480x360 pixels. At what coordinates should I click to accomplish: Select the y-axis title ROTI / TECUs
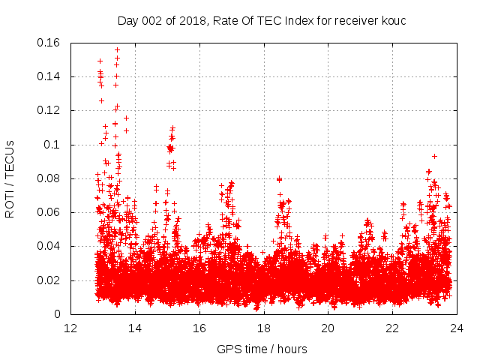[10, 178]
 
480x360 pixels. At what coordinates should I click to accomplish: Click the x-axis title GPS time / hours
[262, 349]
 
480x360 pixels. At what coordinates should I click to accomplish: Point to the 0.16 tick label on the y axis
[49, 43]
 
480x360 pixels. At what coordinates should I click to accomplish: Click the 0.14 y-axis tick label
[49, 76]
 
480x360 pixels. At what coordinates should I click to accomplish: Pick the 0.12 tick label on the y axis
[49, 110]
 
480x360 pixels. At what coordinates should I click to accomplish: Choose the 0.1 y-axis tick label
[52, 145]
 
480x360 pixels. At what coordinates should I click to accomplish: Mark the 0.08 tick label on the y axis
[49, 178]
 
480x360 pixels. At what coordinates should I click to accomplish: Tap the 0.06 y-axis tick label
[49, 212]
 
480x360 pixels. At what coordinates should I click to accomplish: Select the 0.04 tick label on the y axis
[49, 246]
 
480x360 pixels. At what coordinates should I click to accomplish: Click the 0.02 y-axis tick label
[49, 280]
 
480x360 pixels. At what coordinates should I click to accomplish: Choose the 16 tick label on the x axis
[199, 328]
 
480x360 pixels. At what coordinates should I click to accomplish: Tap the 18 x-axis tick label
[264, 328]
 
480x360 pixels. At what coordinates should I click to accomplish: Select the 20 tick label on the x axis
[328, 328]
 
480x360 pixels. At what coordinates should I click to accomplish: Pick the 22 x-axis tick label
[392, 328]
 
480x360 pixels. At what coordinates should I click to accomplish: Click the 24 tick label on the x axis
[456, 328]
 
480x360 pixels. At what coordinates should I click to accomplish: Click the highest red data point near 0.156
[117, 49]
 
